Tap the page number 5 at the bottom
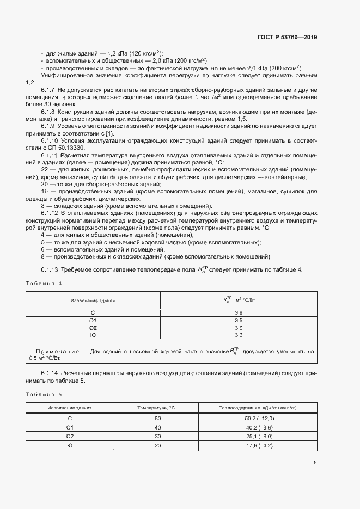315,463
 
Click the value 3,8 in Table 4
238,313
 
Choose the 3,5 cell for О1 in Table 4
238,321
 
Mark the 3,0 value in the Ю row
238,336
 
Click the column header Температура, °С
156,407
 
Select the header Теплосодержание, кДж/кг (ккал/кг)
257,407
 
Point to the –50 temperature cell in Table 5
156,418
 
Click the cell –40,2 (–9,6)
257,427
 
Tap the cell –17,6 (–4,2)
257,446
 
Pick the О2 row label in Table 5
70,437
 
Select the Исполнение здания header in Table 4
93,300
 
